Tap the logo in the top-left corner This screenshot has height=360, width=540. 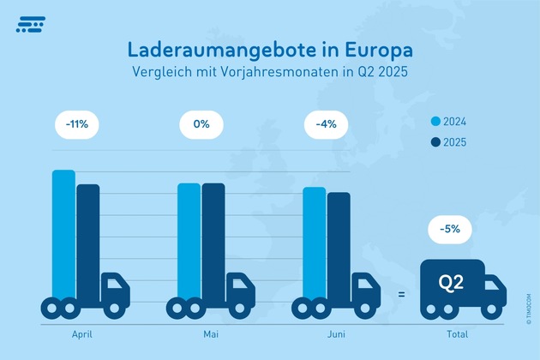click(x=32, y=25)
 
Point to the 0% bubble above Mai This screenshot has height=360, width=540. click(x=201, y=124)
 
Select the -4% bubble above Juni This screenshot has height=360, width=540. click(x=325, y=124)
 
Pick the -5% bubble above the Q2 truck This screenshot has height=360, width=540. click(x=451, y=229)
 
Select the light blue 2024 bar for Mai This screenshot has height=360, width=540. click(x=189, y=240)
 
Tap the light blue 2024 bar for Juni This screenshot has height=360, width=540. click(x=314, y=242)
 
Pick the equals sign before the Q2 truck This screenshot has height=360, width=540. click(x=401, y=294)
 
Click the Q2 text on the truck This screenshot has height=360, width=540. click(x=451, y=280)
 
